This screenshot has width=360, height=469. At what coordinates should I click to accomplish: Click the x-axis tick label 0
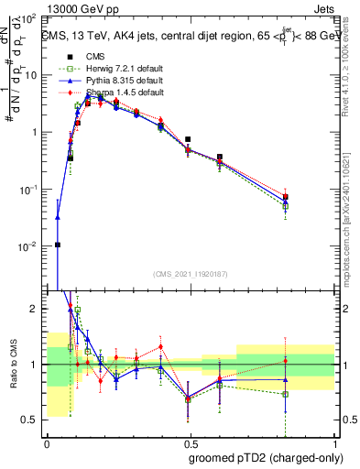pyautogui.click(x=47, y=443)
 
